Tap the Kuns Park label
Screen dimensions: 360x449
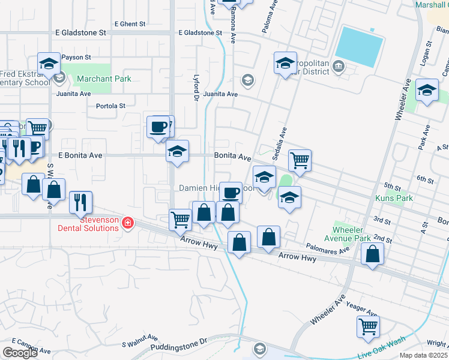tap(391, 199)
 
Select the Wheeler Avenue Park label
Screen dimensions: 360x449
tap(352, 234)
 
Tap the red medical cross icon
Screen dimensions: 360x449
tap(127, 224)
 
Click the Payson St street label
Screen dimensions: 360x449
tap(76, 57)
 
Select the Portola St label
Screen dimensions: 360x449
tap(110, 106)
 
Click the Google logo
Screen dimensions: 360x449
tap(20, 353)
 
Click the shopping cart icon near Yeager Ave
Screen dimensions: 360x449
tap(368, 327)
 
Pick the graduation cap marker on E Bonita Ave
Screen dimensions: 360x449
tap(177, 152)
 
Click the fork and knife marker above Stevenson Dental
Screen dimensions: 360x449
tap(80, 202)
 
